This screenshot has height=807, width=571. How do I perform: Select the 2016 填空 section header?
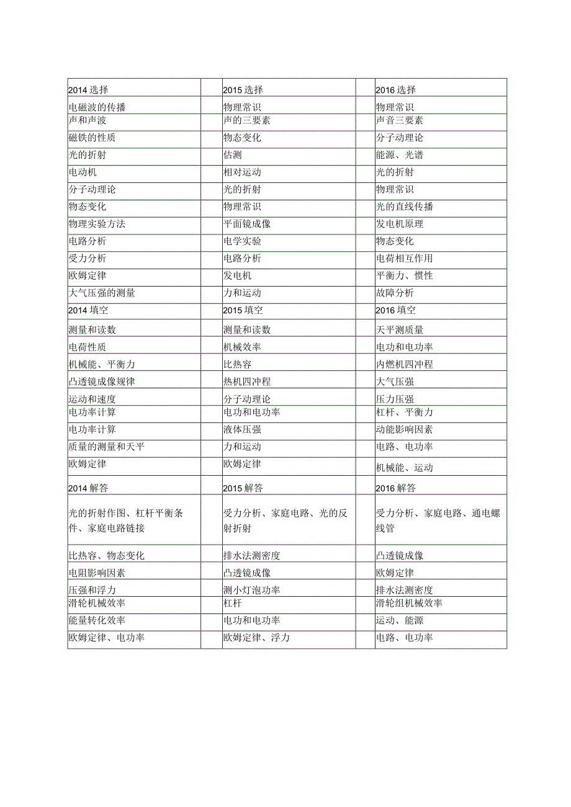(x=396, y=310)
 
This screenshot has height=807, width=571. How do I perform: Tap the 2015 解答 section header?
(x=243, y=488)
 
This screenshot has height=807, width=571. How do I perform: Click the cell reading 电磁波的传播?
(x=97, y=107)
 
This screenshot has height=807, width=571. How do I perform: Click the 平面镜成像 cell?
(x=246, y=224)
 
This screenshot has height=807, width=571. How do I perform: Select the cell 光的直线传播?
(x=405, y=207)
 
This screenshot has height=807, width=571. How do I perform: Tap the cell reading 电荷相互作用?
(x=405, y=258)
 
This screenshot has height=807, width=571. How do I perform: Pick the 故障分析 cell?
(x=395, y=293)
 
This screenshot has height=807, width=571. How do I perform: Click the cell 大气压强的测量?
(x=102, y=293)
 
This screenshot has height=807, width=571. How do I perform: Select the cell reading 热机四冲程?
(x=246, y=381)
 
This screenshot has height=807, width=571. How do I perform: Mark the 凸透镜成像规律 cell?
(x=102, y=381)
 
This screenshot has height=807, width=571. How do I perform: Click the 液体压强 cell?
(x=241, y=429)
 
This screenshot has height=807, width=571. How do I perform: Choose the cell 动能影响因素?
(x=405, y=429)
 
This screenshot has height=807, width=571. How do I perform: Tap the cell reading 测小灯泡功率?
(x=251, y=590)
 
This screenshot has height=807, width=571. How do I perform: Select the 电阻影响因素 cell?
(x=97, y=573)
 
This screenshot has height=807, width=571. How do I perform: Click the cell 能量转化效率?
(x=97, y=620)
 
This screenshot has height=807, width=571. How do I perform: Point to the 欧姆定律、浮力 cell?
(x=256, y=638)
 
